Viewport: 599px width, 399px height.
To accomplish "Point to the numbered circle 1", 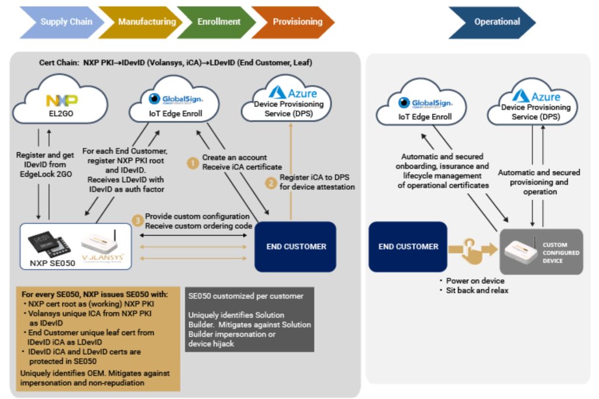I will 192,162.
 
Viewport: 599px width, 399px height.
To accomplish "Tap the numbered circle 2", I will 270,182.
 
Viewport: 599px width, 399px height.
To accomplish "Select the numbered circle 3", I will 136,220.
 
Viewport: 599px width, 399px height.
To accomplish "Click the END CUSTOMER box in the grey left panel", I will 295,247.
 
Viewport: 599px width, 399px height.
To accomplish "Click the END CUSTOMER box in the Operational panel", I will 408,247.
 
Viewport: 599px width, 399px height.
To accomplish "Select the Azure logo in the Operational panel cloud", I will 537,96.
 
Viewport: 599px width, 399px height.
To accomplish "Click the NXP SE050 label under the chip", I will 53,263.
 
